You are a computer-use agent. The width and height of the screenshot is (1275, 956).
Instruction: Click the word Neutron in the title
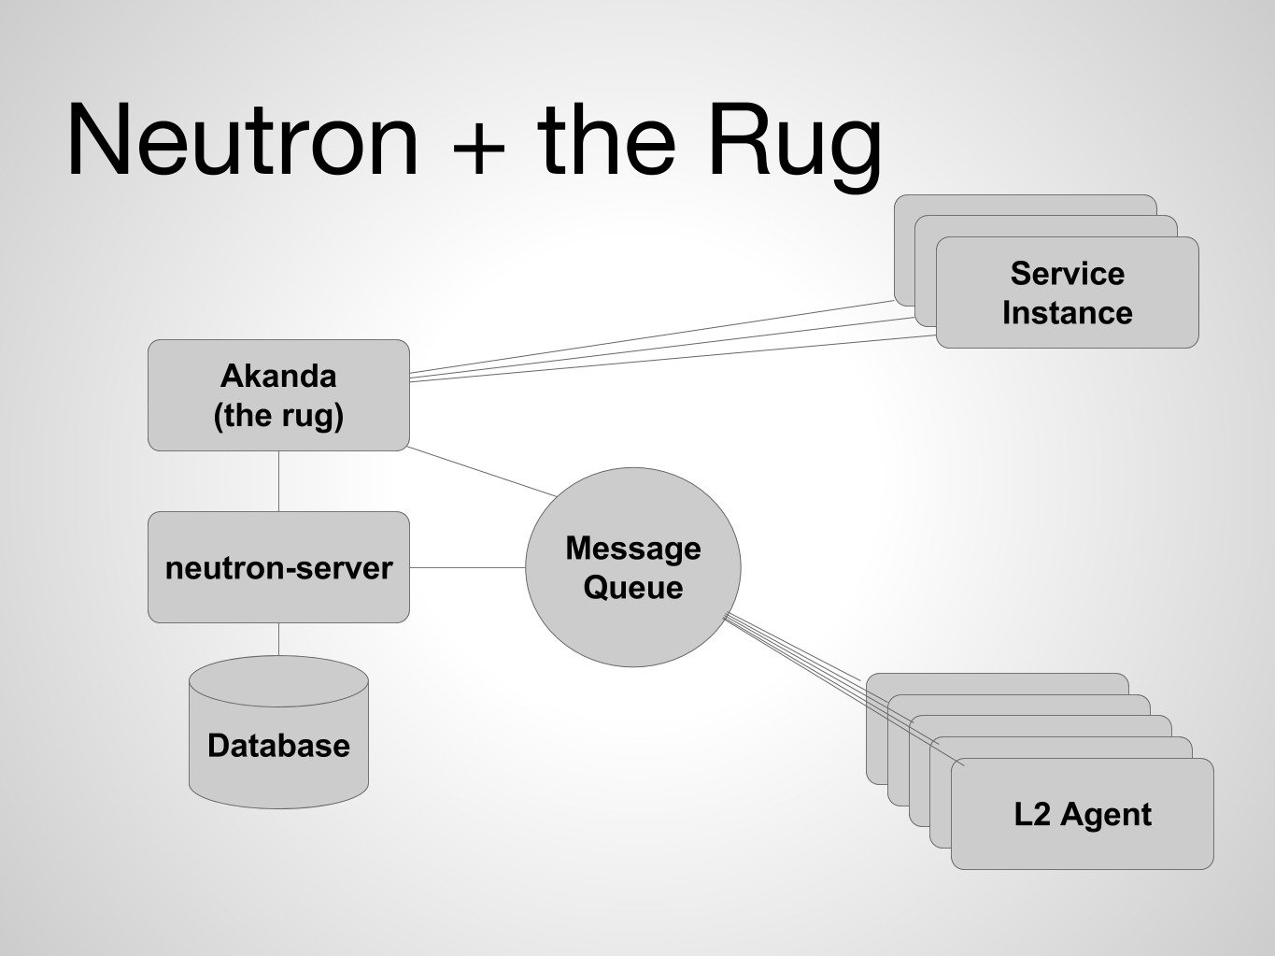tap(243, 139)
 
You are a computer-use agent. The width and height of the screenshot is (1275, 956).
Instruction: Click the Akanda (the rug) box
tap(278, 395)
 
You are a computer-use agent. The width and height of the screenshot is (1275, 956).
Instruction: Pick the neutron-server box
tap(278, 567)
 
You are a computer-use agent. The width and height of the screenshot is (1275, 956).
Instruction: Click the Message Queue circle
tap(633, 567)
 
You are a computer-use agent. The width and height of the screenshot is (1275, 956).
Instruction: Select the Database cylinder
tap(278, 733)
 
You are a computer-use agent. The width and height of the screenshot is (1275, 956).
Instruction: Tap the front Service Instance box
tap(1068, 293)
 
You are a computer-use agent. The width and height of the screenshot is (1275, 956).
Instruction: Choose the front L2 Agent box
tap(1083, 814)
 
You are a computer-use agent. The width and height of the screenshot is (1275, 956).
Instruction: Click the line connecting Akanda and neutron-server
tap(278, 481)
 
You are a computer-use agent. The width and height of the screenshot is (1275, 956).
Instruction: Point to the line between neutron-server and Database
tap(278, 639)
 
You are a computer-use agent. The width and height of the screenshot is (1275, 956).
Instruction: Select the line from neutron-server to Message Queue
tap(468, 567)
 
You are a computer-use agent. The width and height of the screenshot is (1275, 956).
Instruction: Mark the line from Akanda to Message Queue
tap(482, 471)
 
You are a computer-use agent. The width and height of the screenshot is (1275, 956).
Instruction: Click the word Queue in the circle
tap(633, 588)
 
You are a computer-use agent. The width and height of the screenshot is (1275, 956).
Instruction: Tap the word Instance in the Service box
tap(1068, 313)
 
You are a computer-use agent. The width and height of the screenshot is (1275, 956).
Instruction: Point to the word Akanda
tap(278, 376)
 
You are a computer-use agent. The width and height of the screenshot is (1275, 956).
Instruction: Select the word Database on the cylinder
tap(278, 746)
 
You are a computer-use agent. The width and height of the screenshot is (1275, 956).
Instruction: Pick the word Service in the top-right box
tap(1068, 273)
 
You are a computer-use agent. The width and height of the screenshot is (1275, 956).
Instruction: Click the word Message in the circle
tap(633, 549)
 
